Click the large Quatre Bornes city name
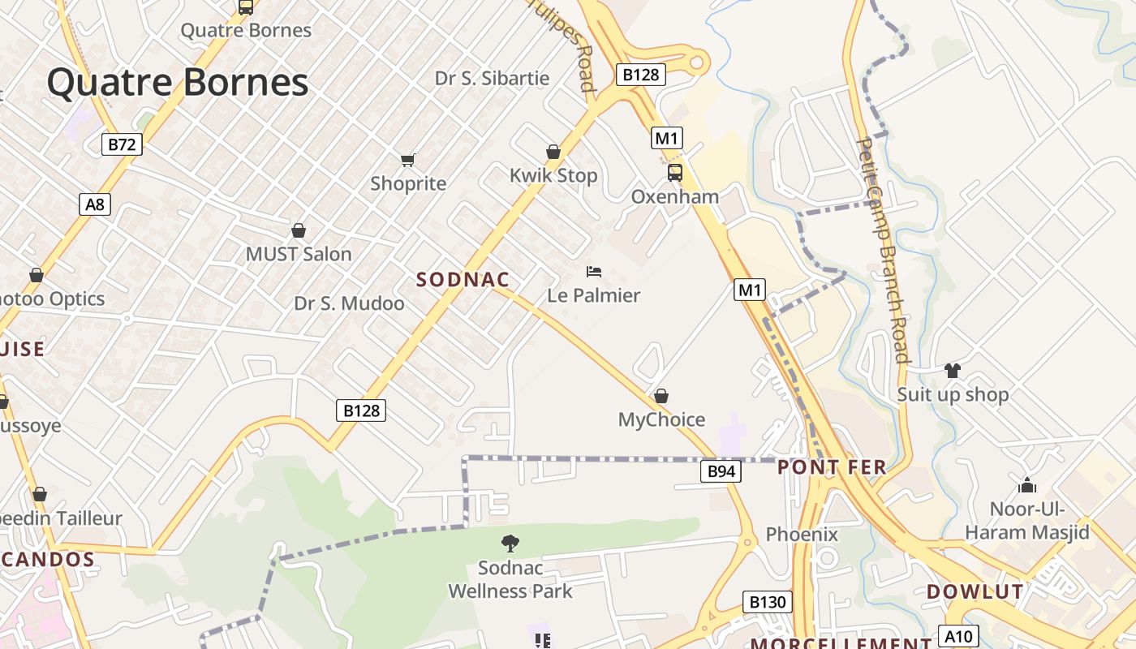pos(178,83)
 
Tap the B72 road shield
pos(122,144)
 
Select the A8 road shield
pos(95,204)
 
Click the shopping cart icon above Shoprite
pos(408,160)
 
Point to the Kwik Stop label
pos(553,175)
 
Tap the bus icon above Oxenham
pos(674,172)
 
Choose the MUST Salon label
pos(299,254)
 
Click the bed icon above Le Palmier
pos(594,271)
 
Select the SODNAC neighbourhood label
pos(463,280)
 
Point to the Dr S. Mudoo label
pos(349,303)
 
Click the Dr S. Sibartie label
pos(492,79)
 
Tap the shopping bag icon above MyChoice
pos(661,396)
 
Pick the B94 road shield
pos(721,471)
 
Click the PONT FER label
pos(832,468)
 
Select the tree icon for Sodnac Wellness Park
pos(510,543)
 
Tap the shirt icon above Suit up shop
pos(952,371)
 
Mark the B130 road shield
pos(767,602)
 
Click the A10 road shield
pos(958,635)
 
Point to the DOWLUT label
pos(975,591)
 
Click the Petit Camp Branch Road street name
pos(882,250)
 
